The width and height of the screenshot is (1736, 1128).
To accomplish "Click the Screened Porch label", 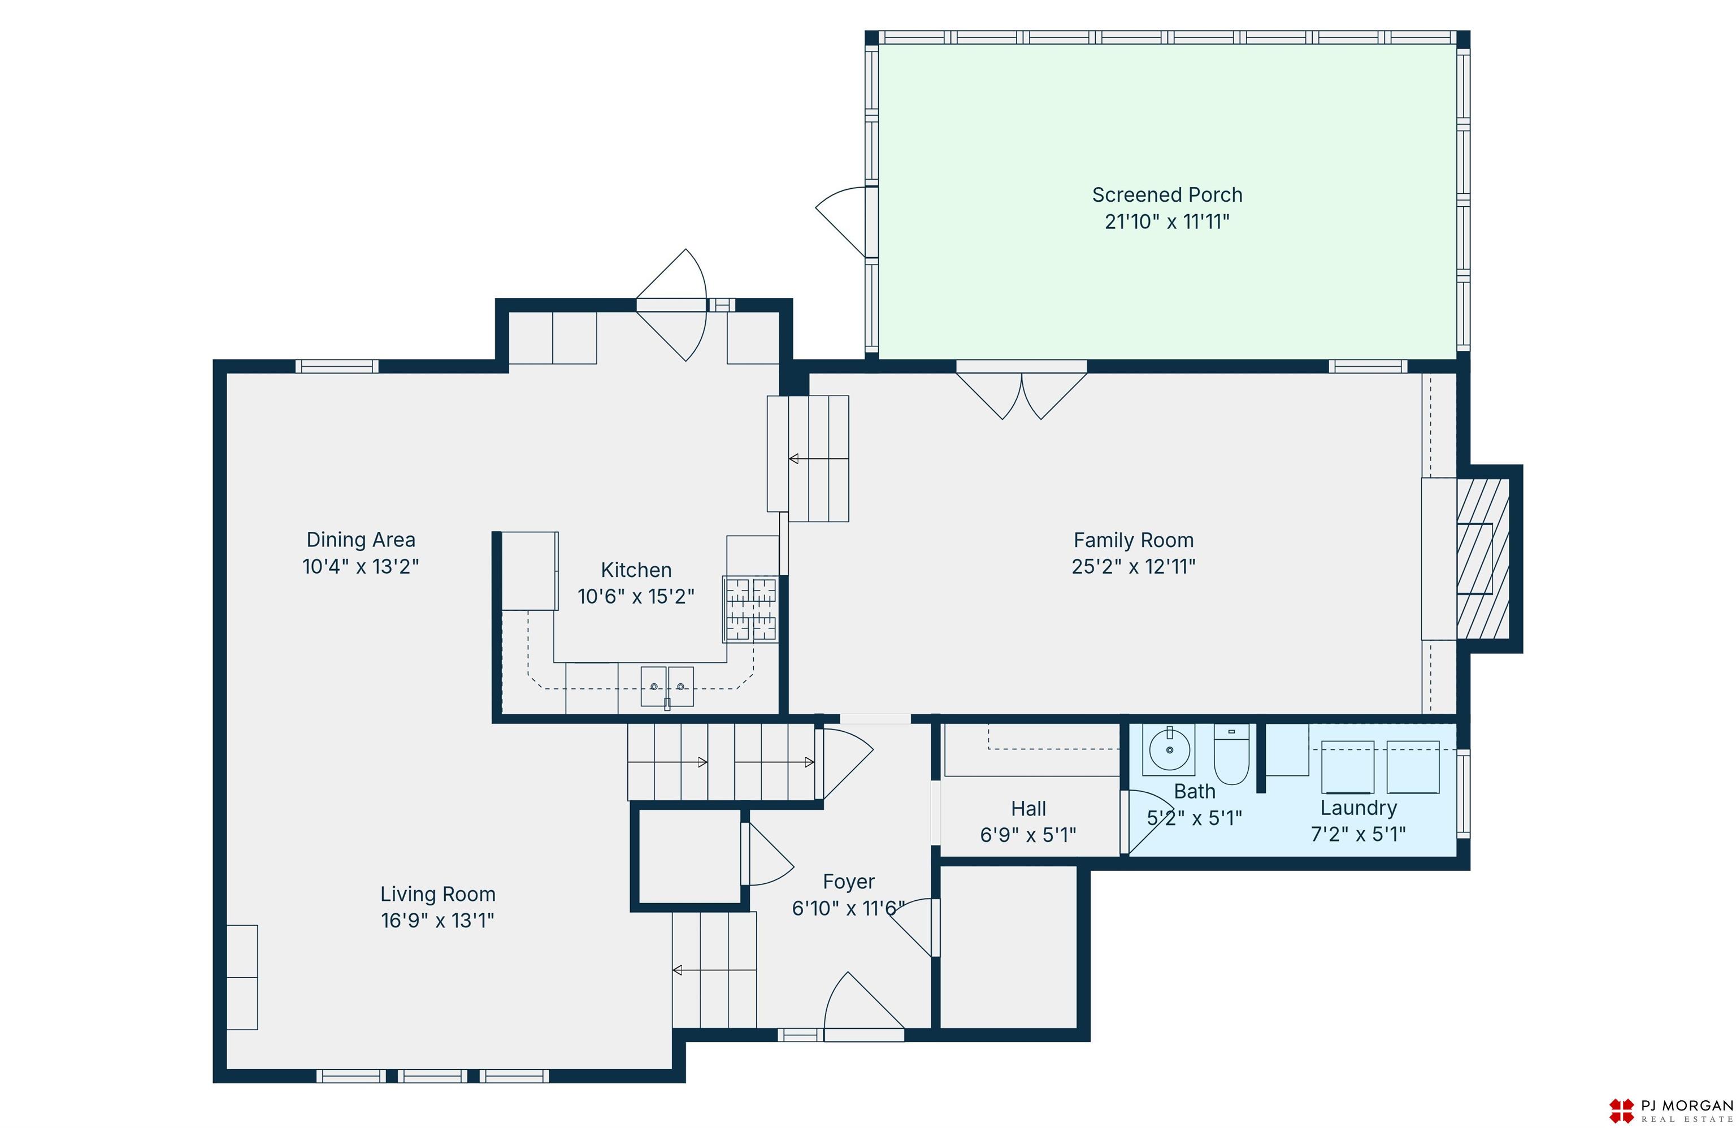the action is click(x=1167, y=195).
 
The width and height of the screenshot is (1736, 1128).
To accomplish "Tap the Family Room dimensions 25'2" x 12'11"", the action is click(x=1134, y=567).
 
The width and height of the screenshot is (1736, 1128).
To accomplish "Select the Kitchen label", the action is click(x=636, y=570).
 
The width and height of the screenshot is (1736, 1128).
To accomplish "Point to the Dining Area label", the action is click(x=361, y=540).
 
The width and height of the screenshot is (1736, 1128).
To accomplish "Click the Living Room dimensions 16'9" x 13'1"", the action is click(x=437, y=921).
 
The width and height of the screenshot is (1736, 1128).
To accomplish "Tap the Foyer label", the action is click(x=848, y=882).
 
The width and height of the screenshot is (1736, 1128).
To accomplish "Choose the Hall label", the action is click(x=1028, y=809).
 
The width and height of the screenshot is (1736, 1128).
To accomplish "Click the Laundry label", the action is click(x=1358, y=808).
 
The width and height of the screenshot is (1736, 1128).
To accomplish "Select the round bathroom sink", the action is click(x=1169, y=749).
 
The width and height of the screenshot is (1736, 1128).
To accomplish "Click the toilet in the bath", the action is click(x=1231, y=754).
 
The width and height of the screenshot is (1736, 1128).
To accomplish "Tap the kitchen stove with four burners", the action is click(x=750, y=609).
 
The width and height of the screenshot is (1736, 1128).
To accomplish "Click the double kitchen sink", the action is click(x=667, y=687).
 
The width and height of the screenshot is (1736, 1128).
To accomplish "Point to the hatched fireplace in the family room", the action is click(x=1482, y=559).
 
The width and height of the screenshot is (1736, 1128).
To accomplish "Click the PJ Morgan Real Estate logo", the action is click(x=1670, y=1111).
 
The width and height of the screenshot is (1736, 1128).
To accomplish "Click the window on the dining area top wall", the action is click(x=336, y=366).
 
